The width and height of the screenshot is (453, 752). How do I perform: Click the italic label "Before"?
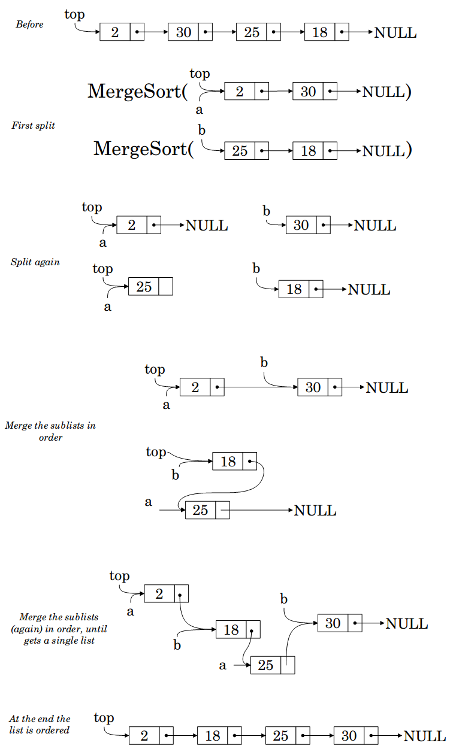coord(29,24)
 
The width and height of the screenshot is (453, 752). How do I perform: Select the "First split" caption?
coord(33,125)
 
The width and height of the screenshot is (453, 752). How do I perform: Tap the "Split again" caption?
coord(35,262)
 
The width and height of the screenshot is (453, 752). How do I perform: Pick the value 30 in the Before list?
coord(183,32)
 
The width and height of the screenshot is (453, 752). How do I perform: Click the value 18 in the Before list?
coord(319,32)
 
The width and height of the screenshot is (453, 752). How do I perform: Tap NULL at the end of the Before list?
coord(395,32)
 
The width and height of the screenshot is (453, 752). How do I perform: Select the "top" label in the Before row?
coord(75,15)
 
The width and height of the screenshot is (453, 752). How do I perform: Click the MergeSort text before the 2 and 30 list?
coord(137,91)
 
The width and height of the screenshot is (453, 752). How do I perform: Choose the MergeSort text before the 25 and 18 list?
coord(143,148)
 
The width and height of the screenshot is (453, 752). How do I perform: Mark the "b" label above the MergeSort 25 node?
coord(201,130)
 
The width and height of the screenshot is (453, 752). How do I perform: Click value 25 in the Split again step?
coord(144,287)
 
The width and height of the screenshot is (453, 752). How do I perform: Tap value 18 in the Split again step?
coord(294,289)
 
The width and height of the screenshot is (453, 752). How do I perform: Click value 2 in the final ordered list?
coord(144,736)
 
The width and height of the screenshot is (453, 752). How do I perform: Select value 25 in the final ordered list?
coord(280,736)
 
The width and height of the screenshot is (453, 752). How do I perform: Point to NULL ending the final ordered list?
coord(425,736)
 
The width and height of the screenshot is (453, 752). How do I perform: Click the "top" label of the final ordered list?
coord(104,718)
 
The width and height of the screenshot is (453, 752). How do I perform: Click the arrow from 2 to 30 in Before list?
coord(152,32)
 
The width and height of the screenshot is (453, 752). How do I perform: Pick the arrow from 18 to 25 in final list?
coord(250,736)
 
